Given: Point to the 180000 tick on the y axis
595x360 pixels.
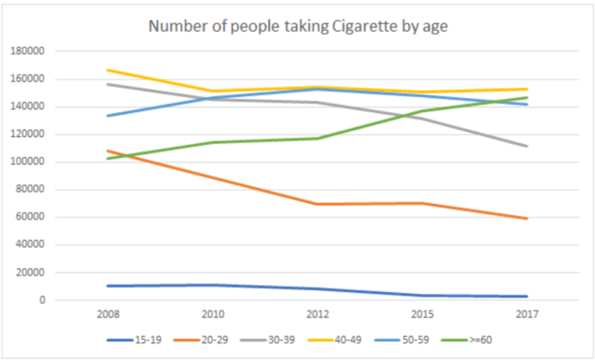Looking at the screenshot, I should [x=26, y=51].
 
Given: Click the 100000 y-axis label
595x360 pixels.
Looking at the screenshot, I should [x=26, y=162].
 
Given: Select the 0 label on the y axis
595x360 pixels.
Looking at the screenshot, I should [x=41, y=300].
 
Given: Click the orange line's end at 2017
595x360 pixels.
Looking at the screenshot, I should [x=527, y=218].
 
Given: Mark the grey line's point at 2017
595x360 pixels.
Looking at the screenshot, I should [x=527, y=146].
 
